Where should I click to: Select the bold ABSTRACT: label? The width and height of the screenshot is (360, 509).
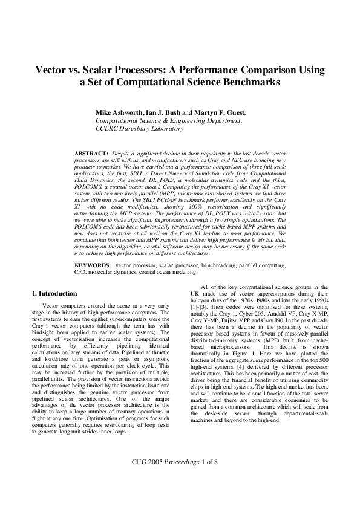click(x=91, y=155)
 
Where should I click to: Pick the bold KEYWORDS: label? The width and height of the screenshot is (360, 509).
click(x=93, y=265)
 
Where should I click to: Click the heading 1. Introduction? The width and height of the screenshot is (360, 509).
click(x=54, y=293)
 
